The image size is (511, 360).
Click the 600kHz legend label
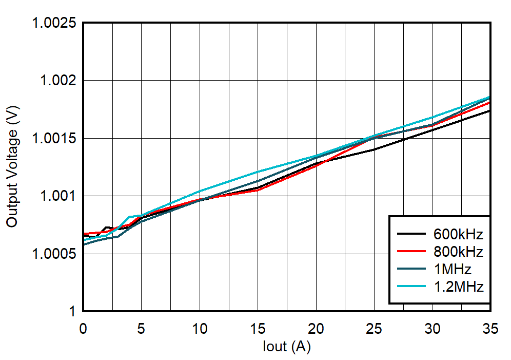pos(457,235)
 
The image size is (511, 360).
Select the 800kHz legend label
pos(457,252)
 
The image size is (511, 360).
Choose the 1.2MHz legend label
pos(457,287)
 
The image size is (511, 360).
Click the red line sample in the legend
pos(411,252)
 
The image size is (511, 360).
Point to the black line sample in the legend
pos(411,235)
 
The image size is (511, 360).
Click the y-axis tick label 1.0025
pos(54,23)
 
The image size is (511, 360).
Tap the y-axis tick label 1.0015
pos(54,139)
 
